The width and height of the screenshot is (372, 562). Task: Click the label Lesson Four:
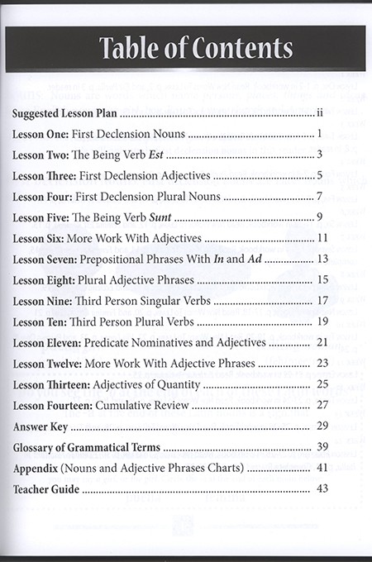click(45, 198)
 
